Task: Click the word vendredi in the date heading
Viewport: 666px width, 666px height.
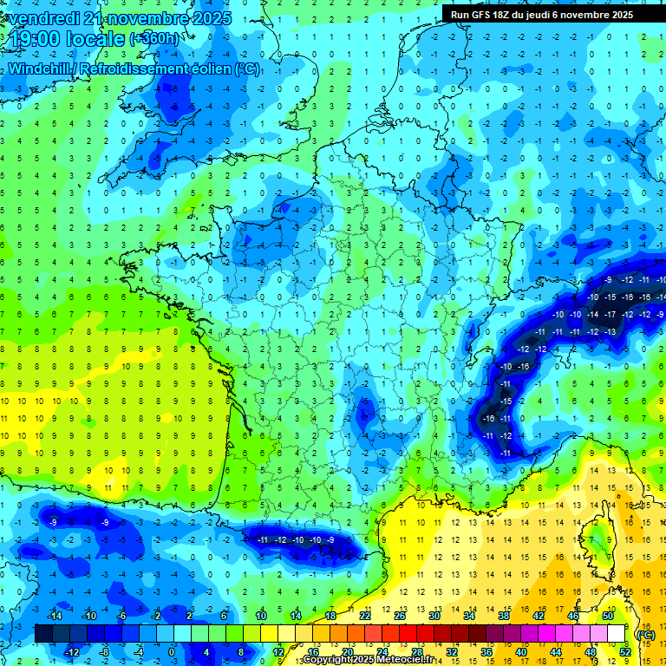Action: tap(41, 17)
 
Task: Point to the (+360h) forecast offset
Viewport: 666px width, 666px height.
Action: tap(156, 39)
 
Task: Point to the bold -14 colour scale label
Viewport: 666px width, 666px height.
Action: tap(55, 616)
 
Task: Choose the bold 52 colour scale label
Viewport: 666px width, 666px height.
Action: tap(625, 651)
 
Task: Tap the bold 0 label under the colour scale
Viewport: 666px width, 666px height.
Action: tap(171, 651)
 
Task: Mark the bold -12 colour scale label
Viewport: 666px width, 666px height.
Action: tap(73, 651)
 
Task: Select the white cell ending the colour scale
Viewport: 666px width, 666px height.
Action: tap(617, 634)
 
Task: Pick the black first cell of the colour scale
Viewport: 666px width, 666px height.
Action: tap(43, 634)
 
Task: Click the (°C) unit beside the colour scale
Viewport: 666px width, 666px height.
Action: tap(645, 634)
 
